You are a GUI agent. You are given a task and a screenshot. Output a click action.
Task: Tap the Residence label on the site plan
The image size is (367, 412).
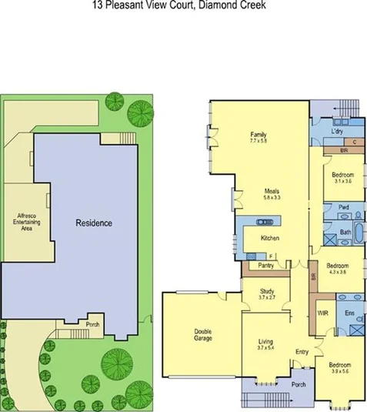pos(94,223)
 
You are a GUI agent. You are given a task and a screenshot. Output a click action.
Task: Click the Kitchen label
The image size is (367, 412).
pos(269,238)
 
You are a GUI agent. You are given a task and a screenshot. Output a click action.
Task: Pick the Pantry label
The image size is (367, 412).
pos(267,266)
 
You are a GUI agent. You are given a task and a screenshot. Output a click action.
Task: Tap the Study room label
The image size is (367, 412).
pos(266,291)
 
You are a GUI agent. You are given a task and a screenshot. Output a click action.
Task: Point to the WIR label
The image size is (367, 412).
pos(323,313)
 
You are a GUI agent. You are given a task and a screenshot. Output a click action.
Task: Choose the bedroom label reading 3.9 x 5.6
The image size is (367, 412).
pos(339,367)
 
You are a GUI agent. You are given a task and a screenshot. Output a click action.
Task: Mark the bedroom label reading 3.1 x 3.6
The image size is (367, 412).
pos(342,179)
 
